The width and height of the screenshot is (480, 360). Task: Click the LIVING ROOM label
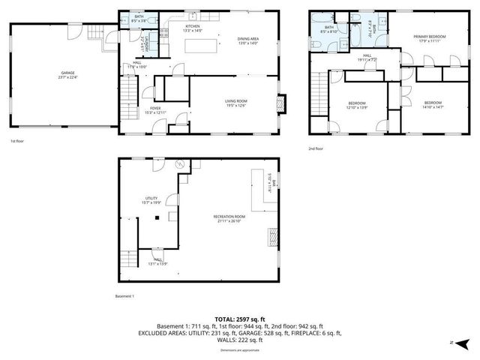click(x=235, y=103)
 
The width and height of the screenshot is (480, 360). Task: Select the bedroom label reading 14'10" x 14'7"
click(x=433, y=105)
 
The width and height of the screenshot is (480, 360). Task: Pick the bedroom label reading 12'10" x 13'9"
click(x=356, y=105)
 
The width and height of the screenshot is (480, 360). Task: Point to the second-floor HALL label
click(x=367, y=57)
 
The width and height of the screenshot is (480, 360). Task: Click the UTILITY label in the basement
click(x=151, y=200)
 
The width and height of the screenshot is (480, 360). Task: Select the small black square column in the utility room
click(x=157, y=217)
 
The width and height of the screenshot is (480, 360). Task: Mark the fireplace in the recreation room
click(x=272, y=239)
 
